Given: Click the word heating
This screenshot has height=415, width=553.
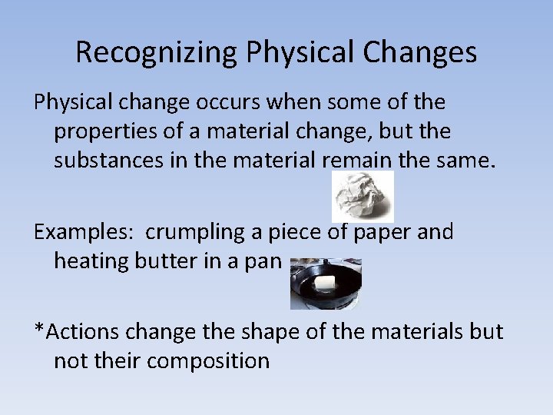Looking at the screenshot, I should (91, 261).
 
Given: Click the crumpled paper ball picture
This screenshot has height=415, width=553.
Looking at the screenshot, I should (363, 197).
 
